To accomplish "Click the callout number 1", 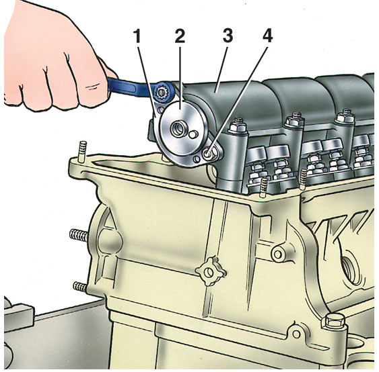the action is (x=137, y=36).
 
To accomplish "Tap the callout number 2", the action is (x=180, y=36).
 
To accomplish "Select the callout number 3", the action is (x=228, y=36).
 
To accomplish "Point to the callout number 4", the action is (x=267, y=36).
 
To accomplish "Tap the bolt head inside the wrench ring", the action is (x=162, y=92).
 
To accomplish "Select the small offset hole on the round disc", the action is (x=193, y=134).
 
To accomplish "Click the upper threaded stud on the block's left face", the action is (x=79, y=235).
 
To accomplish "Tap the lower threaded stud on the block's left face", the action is (x=80, y=286).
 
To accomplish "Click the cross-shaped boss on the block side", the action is (x=209, y=272).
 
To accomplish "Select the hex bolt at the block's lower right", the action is (x=333, y=320).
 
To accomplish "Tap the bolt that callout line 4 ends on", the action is (x=207, y=153).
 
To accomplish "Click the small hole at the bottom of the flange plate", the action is (x=197, y=159).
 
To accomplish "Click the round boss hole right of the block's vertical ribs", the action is (x=278, y=254).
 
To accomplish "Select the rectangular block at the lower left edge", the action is (x=18, y=316).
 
